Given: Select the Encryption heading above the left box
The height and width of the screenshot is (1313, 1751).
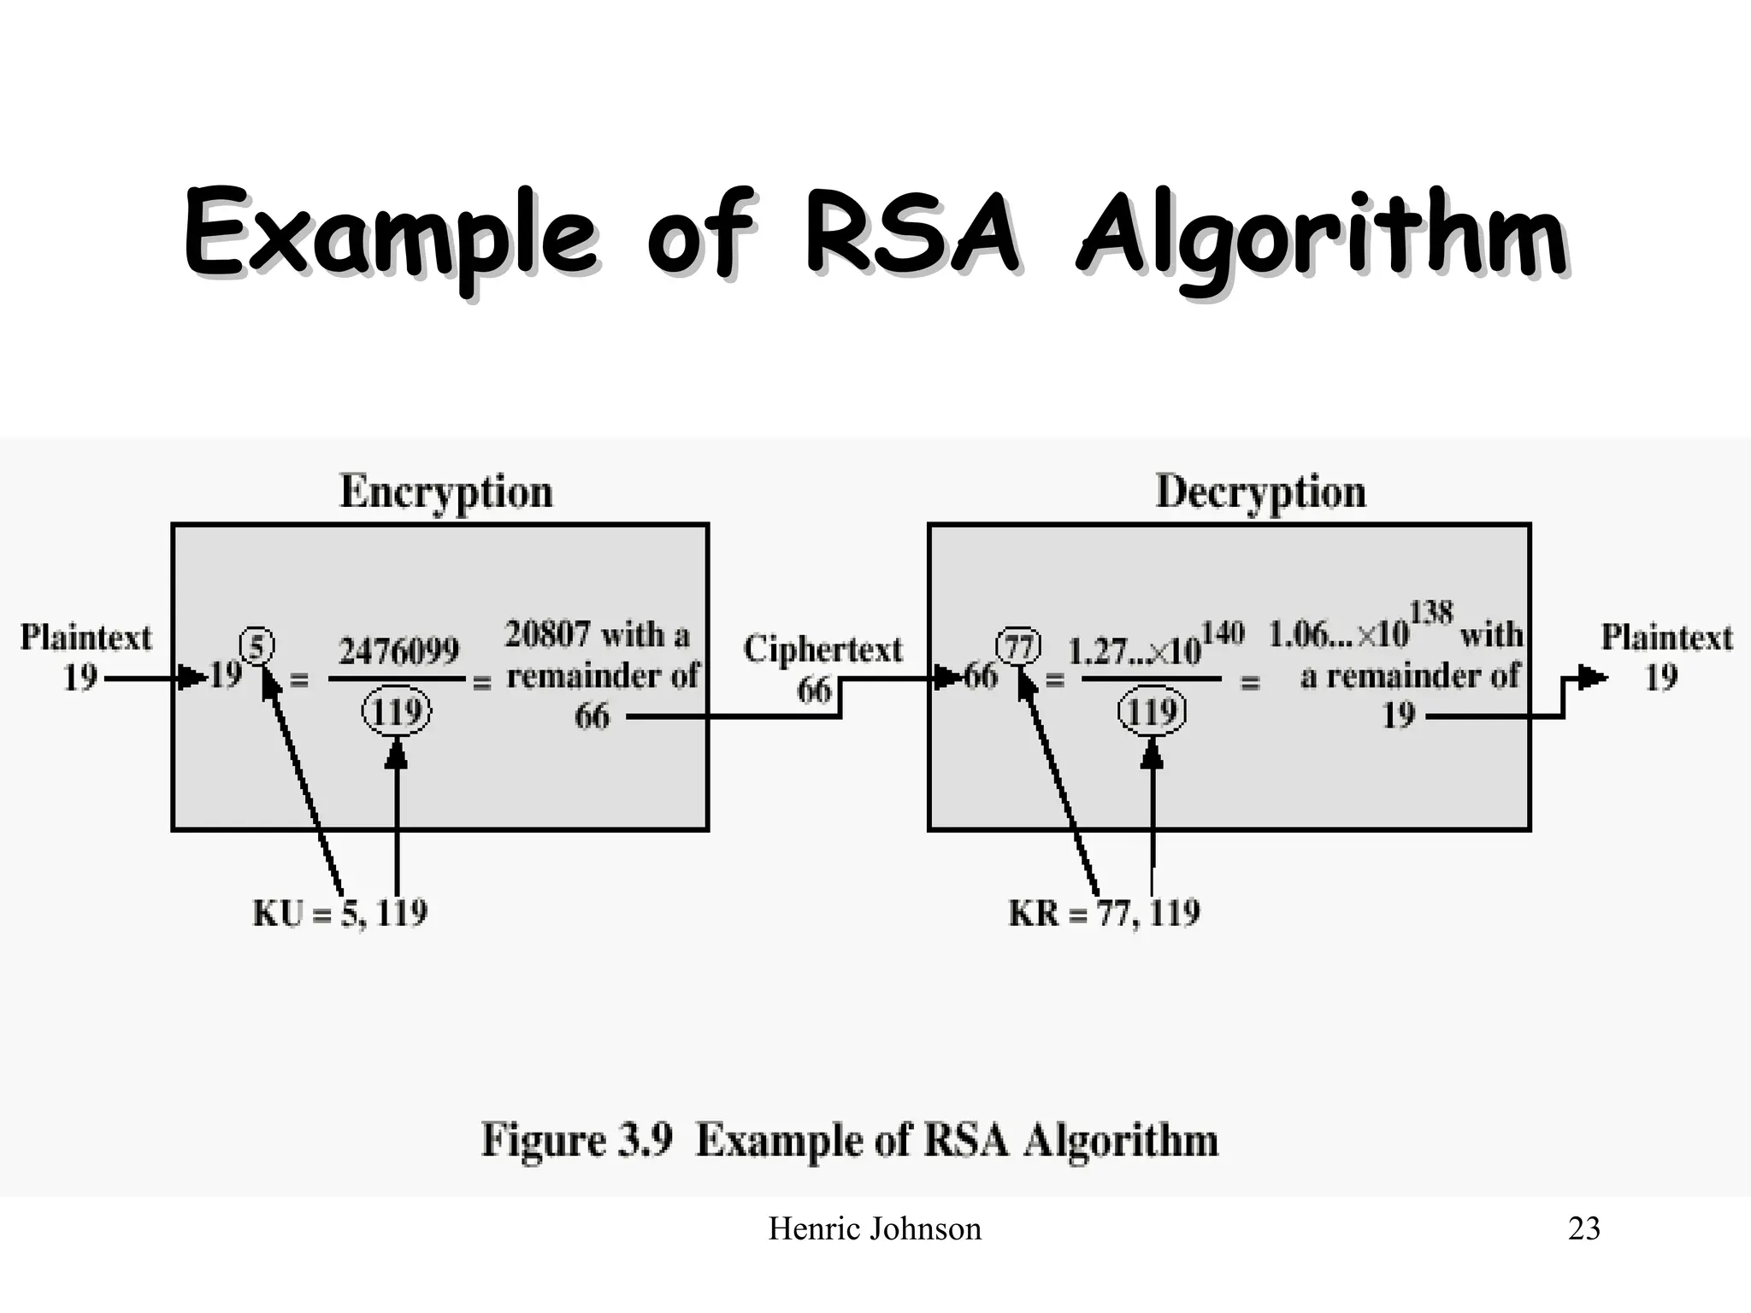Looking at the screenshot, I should click(446, 493).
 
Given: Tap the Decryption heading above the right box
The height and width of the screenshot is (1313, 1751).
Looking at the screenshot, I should click(1260, 493).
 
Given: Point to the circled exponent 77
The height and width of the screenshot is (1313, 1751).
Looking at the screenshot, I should click(1019, 646).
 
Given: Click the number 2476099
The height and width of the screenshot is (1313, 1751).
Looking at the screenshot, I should click(398, 652).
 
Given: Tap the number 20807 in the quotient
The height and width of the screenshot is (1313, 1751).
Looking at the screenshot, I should click(547, 635).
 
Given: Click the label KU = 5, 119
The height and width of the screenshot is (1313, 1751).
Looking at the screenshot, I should click(340, 914).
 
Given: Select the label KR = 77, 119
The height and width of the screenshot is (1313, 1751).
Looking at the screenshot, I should click(1104, 914).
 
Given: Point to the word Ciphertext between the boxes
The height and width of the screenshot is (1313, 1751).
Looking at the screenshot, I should click(822, 650).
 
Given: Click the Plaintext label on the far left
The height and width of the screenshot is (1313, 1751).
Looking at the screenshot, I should click(85, 638).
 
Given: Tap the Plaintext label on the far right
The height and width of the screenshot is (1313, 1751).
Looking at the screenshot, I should click(1666, 638).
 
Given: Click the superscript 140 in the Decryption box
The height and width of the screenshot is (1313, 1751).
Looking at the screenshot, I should click(1222, 634).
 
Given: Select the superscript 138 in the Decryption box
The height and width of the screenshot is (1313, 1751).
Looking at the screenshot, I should click(1430, 613).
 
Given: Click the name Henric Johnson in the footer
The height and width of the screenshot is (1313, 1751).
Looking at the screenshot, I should click(875, 1229).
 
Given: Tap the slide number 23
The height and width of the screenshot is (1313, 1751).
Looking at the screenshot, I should click(1583, 1229).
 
